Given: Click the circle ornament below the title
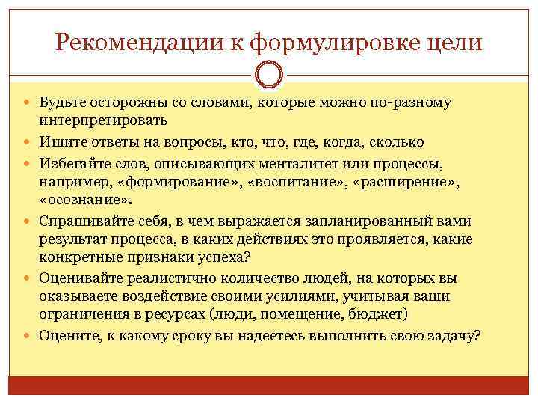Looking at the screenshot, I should [x=269, y=75].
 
